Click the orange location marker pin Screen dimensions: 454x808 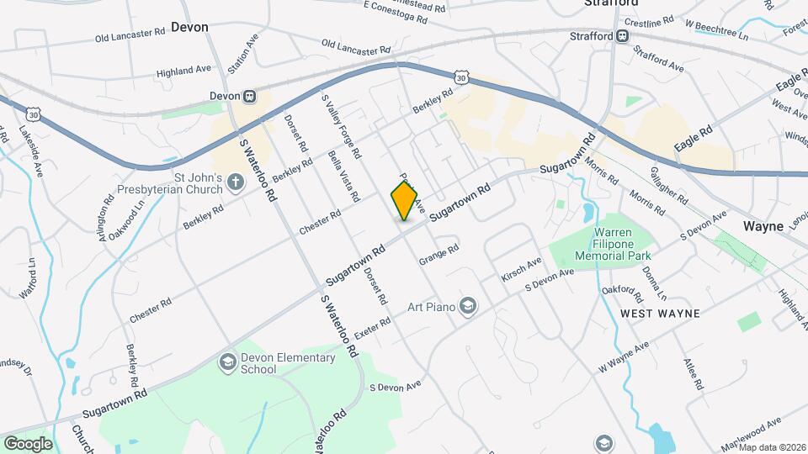pyautogui.click(x=404, y=201)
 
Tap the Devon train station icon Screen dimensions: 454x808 pyautogui.click(x=250, y=97)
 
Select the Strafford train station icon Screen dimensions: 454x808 pyautogui.click(x=622, y=36)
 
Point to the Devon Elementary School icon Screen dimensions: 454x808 pyautogui.click(x=227, y=362)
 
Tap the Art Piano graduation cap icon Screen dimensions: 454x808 pyautogui.click(x=469, y=306)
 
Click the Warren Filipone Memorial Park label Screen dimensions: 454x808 pyautogui.click(x=601, y=244)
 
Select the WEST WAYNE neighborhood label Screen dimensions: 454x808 pyautogui.click(x=661, y=314)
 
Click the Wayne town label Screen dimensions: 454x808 pyautogui.click(x=764, y=226)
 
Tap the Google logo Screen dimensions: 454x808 pyautogui.click(x=28, y=443)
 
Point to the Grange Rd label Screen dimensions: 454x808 pyautogui.click(x=439, y=255)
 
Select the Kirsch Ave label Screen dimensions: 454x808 pyautogui.click(x=521, y=270)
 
